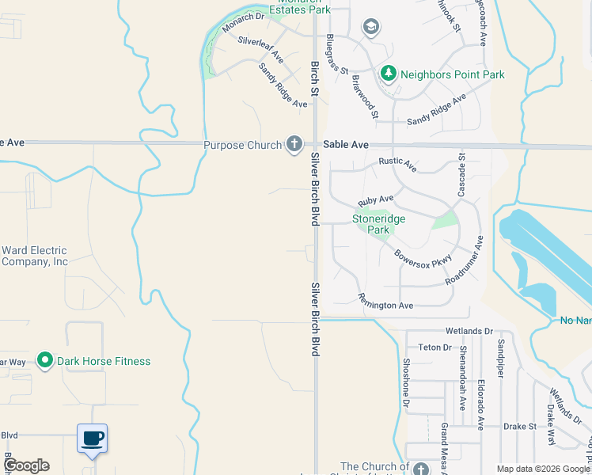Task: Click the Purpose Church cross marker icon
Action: pos(294,144)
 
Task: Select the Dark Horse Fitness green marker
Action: pos(45,361)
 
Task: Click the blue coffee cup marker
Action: pos(92,438)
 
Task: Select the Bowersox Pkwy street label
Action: pos(423,259)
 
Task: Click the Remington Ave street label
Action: pos(385,302)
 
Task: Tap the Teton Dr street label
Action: pos(435,348)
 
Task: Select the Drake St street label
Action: pos(520,426)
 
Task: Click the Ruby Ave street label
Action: pos(375,201)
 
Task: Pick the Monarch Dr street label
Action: pos(243,22)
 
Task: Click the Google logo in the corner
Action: pos(26,465)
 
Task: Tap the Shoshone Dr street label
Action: pos(406,383)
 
